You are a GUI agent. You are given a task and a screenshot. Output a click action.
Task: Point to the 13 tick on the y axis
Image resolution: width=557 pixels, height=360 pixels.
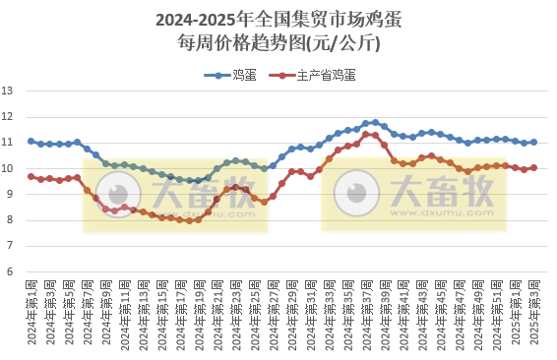coord(8,91)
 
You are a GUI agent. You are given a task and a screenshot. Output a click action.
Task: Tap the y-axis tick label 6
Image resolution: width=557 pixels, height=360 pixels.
coord(8,271)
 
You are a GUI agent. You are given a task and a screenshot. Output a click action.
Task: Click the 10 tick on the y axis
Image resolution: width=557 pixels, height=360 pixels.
coord(8,168)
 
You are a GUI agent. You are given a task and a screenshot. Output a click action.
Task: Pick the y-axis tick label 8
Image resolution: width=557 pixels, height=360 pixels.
coord(8,220)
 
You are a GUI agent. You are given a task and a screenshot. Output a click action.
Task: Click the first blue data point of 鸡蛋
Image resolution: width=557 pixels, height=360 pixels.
coord(31,142)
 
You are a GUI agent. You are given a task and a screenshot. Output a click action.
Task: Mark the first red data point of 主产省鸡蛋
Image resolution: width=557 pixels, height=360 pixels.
coord(31,177)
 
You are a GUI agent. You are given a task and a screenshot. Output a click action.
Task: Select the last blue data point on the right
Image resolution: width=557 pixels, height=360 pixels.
coord(533,143)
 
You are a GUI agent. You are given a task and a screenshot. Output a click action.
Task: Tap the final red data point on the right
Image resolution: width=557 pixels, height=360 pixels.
coord(533,167)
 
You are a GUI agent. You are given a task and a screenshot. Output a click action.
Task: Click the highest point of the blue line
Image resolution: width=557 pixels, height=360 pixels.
coord(375,122)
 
